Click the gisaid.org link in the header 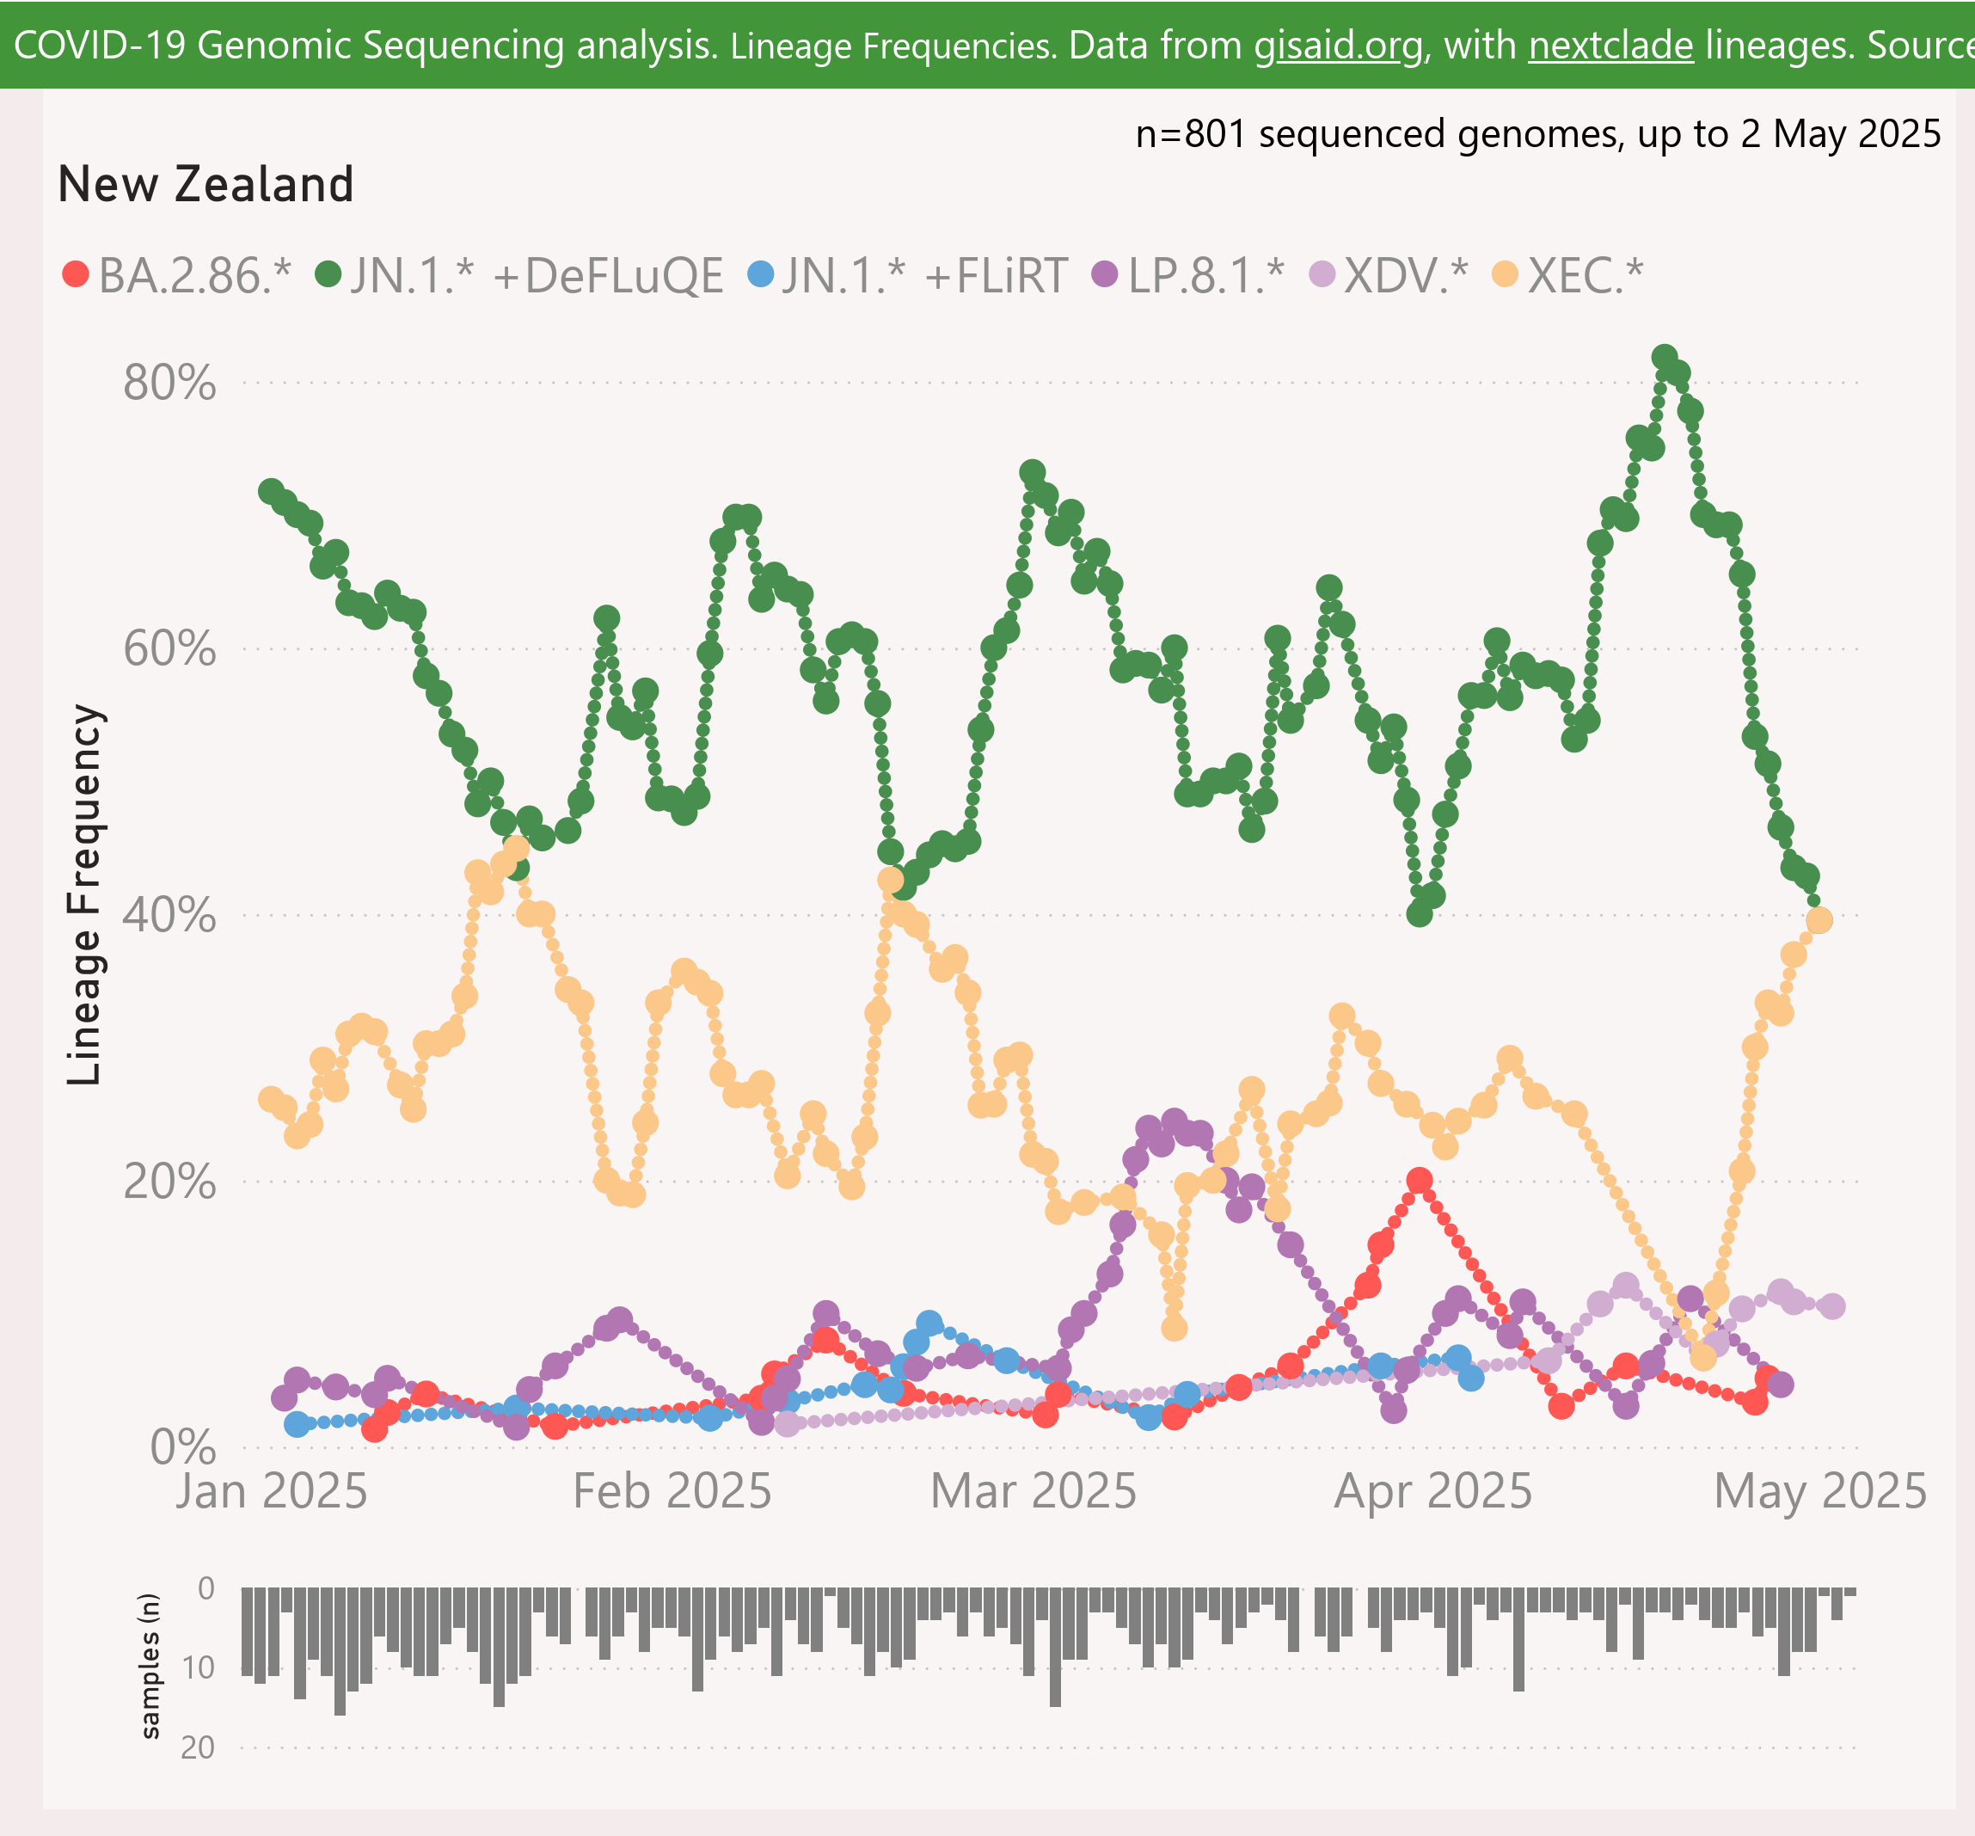tap(1338, 46)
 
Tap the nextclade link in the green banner tap(1610, 46)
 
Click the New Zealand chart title tap(205, 184)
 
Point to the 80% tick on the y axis tap(169, 383)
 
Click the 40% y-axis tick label tap(169, 915)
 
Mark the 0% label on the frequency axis tap(183, 1447)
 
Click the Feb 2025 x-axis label tap(672, 1491)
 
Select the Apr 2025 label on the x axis tap(1432, 1491)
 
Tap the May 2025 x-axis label tap(1820, 1491)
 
